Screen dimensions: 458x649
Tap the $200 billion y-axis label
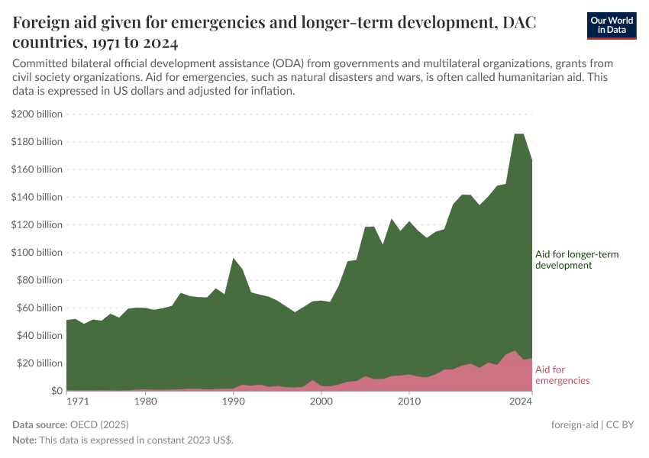pyautogui.click(x=37, y=114)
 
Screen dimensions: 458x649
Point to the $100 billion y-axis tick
pyautogui.click(x=37, y=253)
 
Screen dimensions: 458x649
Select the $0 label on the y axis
pyautogui.click(x=55, y=391)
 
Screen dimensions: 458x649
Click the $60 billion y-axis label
pyautogui.click(x=39, y=308)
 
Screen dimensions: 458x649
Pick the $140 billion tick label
pyautogui.click(x=37, y=197)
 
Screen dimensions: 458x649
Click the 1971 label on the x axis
pyautogui.click(x=77, y=400)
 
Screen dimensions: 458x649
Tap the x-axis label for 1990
pyautogui.click(x=233, y=400)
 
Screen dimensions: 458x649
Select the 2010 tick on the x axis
pyautogui.click(x=409, y=400)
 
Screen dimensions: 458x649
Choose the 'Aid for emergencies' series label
pyautogui.click(x=562, y=374)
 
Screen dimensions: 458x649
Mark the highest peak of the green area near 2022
pyautogui.click(x=518, y=134)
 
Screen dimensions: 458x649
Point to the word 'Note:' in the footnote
pyautogui.click(x=27, y=440)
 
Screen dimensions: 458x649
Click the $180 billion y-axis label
pyautogui.click(x=37, y=142)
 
